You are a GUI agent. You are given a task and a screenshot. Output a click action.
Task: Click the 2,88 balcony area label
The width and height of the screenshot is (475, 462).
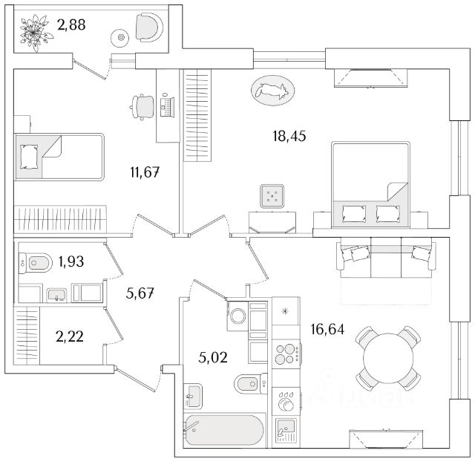(x=71, y=25)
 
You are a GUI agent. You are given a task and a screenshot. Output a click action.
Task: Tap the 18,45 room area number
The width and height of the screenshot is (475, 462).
(x=289, y=136)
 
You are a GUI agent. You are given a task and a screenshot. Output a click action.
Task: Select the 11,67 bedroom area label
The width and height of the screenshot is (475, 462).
(x=145, y=172)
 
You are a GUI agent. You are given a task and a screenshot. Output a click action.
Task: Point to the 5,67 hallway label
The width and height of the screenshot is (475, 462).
(x=140, y=293)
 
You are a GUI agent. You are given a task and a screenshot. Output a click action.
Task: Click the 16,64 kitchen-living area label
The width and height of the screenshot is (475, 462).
(x=327, y=329)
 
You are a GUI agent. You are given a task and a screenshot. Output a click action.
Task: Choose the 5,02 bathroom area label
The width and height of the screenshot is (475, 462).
(x=213, y=357)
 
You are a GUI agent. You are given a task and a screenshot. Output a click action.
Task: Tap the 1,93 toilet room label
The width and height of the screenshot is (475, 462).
(x=71, y=261)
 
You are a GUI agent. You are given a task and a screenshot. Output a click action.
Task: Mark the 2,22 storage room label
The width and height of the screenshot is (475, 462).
(x=69, y=336)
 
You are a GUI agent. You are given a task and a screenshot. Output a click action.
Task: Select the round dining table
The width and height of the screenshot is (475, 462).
(x=388, y=358)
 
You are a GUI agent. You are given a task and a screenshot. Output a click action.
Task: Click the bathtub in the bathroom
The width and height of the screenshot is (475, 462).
(x=224, y=431)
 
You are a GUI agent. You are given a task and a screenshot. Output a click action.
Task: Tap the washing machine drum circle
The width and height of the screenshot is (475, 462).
(x=237, y=316)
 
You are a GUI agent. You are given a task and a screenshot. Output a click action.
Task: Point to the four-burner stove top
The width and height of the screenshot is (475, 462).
(x=286, y=354)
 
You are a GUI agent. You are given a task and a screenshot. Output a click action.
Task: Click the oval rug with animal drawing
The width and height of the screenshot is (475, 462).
(x=273, y=91)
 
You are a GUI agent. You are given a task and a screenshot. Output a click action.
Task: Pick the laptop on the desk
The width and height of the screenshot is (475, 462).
(x=167, y=105)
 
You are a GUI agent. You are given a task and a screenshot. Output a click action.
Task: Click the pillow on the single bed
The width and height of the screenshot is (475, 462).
(x=29, y=157)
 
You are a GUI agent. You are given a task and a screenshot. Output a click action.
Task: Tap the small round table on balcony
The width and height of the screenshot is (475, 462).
(x=120, y=38)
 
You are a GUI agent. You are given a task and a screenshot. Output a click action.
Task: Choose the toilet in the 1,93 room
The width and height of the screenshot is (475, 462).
(x=36, y=262)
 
